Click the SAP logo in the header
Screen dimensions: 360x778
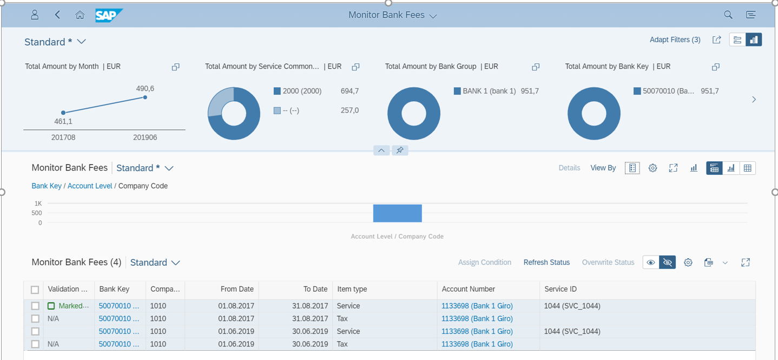click(x=109, y=15)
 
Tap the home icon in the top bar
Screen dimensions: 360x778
click(x=80, y=15)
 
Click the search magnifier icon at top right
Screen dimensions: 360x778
click(x=728, y=15)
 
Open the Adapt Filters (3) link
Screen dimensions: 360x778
click(x=675, y=40)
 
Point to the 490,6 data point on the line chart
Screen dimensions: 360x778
click(x=145, y=97)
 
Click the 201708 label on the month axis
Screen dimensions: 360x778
click(x=63, y=138)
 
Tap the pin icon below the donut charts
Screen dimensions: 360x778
click(x=400, y=150)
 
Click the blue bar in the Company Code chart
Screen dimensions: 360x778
click(x=397, y=213)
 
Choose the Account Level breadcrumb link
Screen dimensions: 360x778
click(x=90, y=186)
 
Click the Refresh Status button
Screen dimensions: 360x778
click(x=546, y=263)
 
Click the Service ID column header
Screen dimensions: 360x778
click(x=560, y=289)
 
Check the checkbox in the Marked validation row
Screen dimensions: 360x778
click(x=35, y=306)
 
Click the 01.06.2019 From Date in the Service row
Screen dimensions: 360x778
click(x=236, y=331)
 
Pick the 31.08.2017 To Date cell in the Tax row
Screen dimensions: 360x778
click(x=310, y=319)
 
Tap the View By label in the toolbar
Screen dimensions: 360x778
click(x=603, y=168)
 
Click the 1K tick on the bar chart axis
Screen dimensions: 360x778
click(x=38, y=204)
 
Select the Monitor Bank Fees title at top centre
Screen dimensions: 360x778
click(x=386, y=15)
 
